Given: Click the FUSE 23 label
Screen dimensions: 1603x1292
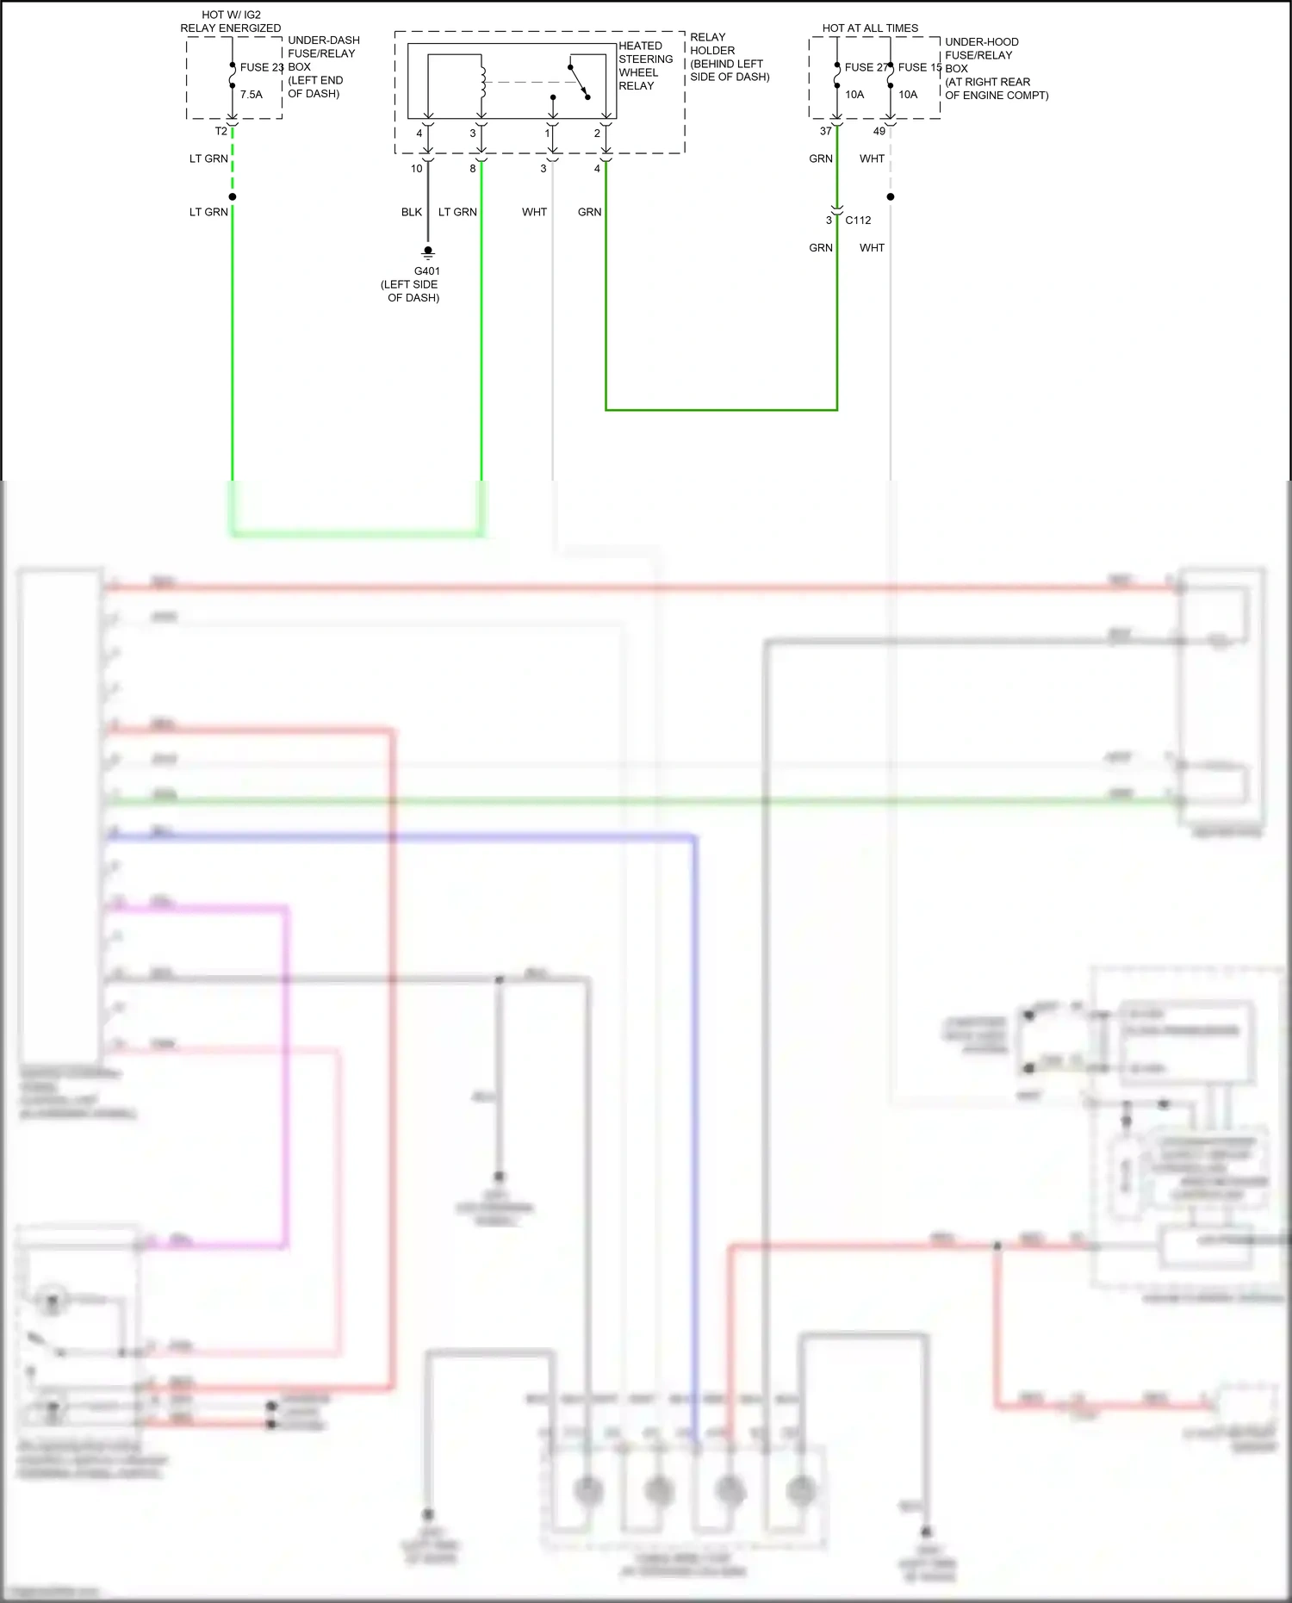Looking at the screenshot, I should [x=261, y=67].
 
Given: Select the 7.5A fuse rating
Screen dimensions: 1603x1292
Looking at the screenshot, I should [x=252, y=95].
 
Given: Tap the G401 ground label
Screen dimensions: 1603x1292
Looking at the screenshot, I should [x=427, y=271].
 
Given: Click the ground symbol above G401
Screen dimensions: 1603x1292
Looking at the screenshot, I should [x=428, y=252].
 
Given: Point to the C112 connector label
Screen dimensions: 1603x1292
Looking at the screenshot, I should [x=858, y=221].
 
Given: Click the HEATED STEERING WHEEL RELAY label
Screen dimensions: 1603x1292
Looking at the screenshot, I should [x=645, y=66].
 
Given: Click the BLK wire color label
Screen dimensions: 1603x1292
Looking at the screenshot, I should [x=412, y=212].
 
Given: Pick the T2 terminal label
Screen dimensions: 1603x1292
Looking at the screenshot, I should [x=221, y=132].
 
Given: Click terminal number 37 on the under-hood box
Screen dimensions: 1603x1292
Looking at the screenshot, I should [x=826, y=132].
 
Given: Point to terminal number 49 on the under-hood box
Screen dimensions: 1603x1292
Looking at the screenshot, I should [x=879, y=132].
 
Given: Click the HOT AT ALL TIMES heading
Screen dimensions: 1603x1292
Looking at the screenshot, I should [x=870, y=28].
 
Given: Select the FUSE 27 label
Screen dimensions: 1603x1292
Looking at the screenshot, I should [x=866, y=67].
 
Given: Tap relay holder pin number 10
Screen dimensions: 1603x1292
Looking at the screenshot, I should [x=417, y=169].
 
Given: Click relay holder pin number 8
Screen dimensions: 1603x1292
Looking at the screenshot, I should [x=473, y=169].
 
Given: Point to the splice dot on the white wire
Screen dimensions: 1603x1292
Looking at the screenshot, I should [x=891, y=197].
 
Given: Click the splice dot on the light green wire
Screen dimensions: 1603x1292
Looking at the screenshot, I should [x=233, y=197].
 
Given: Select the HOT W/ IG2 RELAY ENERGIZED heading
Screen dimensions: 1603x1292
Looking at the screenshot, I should [x=231, y=22].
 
